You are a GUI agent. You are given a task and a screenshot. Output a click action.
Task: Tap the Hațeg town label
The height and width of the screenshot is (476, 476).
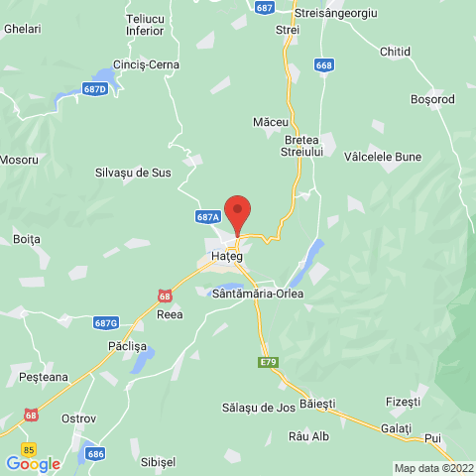226,257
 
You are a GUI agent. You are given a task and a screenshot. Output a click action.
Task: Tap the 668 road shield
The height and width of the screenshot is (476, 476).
324,65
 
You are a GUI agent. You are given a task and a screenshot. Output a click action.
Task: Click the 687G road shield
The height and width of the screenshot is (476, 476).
106,323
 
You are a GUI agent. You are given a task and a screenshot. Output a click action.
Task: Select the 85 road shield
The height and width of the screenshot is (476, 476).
28,448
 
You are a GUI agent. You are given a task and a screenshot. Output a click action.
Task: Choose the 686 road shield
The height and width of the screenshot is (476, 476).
95,453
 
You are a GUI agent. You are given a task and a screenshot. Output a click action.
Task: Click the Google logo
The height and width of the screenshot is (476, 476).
33,463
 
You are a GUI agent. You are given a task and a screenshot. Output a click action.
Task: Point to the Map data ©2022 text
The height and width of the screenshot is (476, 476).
433,468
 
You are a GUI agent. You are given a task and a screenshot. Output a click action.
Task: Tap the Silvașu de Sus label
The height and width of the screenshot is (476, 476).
133,172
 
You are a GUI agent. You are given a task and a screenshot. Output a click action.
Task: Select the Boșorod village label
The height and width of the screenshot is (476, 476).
432,99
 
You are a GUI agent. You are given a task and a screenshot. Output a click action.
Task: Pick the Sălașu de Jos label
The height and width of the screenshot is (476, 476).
259,408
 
